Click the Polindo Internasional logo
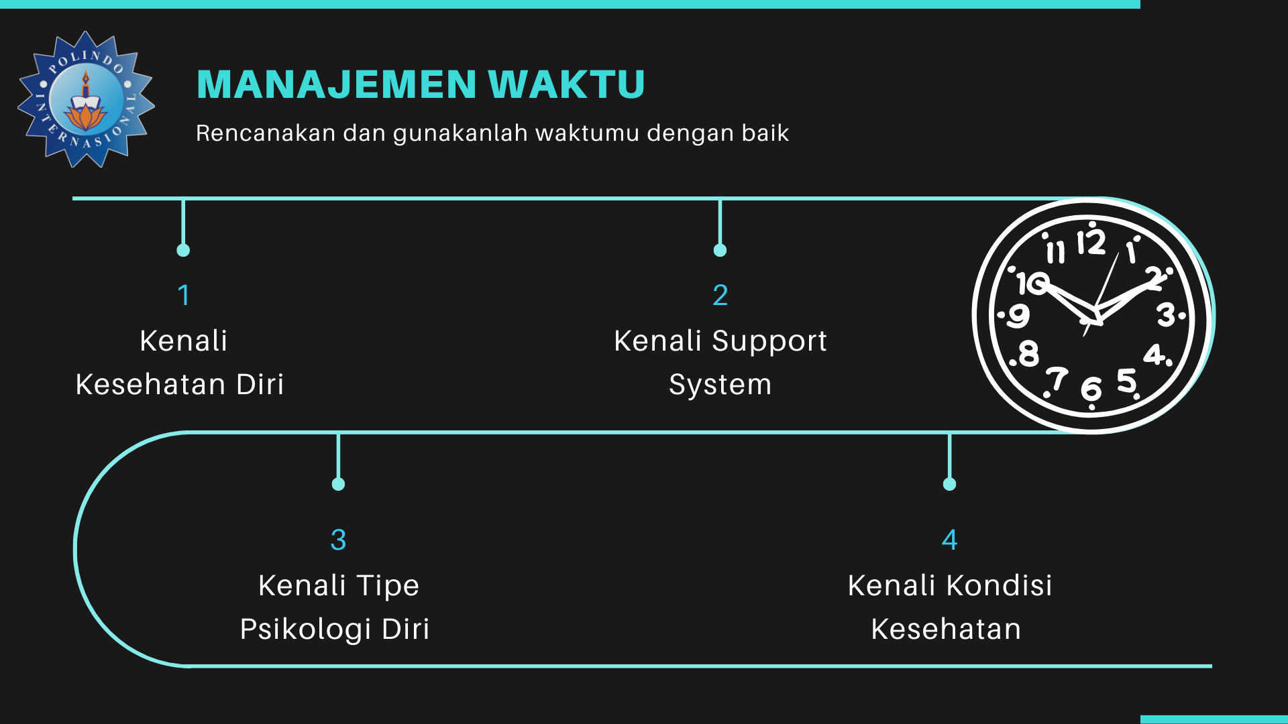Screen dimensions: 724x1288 pyautogui.click(x=86, y=99)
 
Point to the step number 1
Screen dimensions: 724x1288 pyautogui.click(x=184, y=295)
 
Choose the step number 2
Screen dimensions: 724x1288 pyautogui.click(x=720, y=295)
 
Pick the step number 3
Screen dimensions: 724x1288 pyautogui.click(x=338, y=540)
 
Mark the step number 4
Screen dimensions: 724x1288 pyautogui.click(x=949, y=540)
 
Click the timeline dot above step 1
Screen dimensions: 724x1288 pyautogui.click(x=183, y=250)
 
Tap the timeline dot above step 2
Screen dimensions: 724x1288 pyautogui.click(x=720, y=250)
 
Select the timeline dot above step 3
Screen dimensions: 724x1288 pyautogui.click(x=338, y=484)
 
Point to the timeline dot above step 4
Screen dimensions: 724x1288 pyautogui.click(x=949, y=484)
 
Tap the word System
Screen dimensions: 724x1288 pyautogui.click(x=720, y=385)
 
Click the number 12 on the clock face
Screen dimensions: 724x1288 pyautogui.click(x=1091, y=242)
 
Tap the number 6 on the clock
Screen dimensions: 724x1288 pyautogui.click(x=1091, y=389)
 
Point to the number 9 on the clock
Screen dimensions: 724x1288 pyautogui.click(x=1018, y=315)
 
